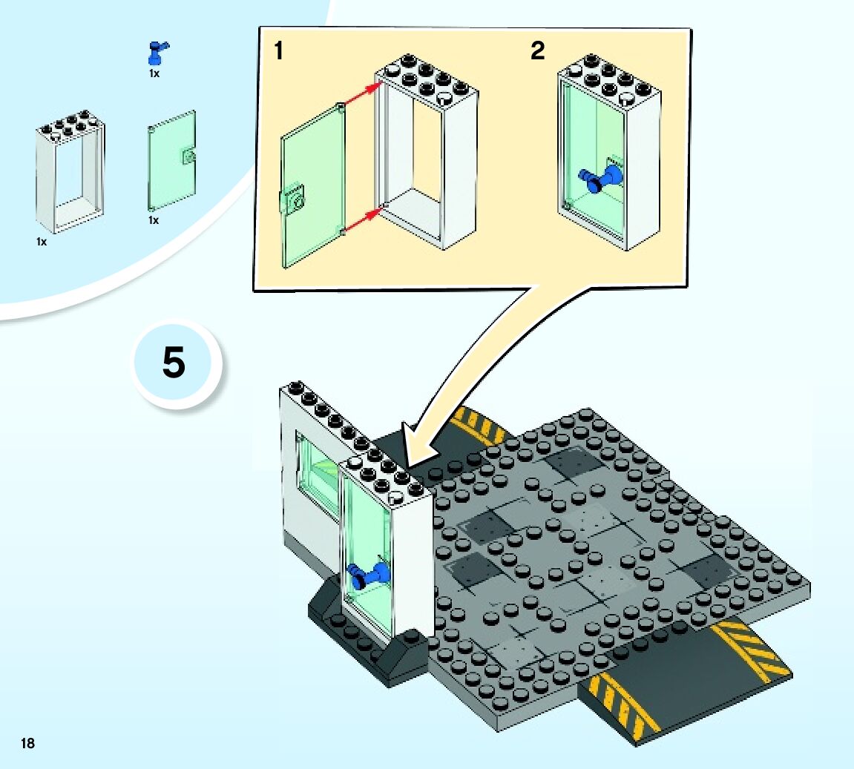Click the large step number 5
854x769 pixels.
174,364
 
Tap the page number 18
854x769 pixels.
28,743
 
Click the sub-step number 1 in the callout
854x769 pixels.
278,51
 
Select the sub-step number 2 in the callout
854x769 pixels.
537,51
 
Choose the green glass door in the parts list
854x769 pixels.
172,162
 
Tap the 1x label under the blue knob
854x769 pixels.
154,73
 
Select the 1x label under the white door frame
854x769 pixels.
42,242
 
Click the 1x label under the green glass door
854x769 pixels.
154,220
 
